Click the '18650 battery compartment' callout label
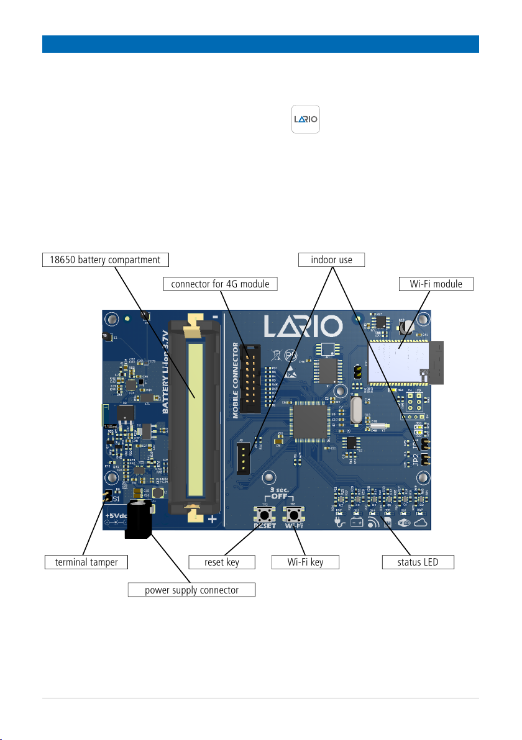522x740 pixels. click(106, 259)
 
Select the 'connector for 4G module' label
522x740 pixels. click(221, 284)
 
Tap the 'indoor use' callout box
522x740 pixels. click(332, 259)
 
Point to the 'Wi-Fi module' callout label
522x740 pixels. click(436, 284)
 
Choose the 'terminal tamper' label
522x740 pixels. click(86, 562)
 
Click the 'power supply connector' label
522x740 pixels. click(191, 590)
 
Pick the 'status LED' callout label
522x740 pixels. click(418, 562)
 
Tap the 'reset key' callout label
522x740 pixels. click(222, 562)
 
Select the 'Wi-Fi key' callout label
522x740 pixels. click(306, 562)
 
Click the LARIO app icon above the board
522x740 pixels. click(306, 119)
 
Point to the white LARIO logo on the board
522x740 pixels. click(302, 327)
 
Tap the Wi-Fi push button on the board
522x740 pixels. click(293, 515)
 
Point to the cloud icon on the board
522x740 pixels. click(423, 523)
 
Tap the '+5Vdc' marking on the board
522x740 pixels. click(116, 516)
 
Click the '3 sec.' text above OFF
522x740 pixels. click(278, 490)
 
